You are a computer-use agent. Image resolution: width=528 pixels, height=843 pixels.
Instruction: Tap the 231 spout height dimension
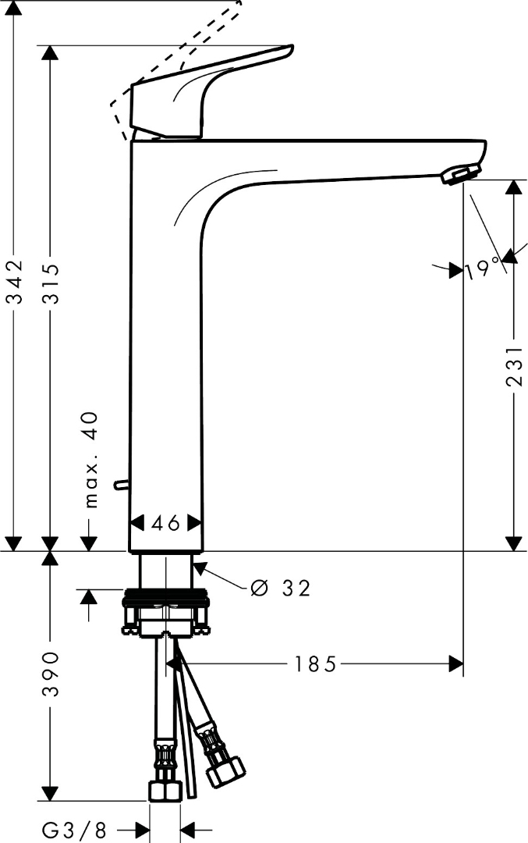(x=513, y=367)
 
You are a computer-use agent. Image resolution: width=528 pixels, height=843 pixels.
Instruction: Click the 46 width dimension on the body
(x=165, y=523)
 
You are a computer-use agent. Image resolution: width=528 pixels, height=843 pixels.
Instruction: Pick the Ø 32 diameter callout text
(x=281, y=588)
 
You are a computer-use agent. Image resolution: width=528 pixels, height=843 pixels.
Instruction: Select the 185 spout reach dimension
(x=315, y=664)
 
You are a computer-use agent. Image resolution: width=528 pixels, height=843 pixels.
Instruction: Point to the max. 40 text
(x=91, y=460)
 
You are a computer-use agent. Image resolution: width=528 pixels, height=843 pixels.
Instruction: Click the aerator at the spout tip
(x=459, y=174)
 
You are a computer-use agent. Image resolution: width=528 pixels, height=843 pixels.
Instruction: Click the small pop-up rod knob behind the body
(x=119, y=485)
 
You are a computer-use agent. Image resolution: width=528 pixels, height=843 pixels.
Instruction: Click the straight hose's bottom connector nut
(x=165, y=791)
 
